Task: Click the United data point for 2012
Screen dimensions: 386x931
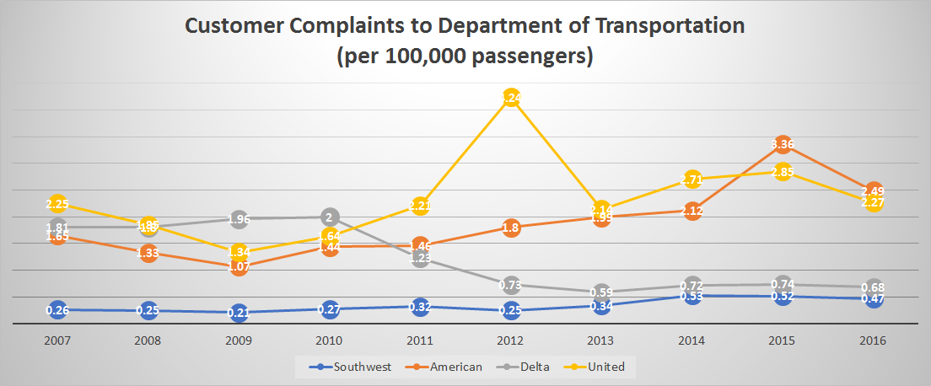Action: click(x=511, y=98)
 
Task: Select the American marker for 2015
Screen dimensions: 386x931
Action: click(x=783, y=144)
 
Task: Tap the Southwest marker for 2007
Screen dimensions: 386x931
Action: click(x=57, y=309)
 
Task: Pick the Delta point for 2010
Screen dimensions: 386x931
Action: click(x=330, y=217)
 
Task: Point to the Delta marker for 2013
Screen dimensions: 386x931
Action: click(x=601, y=292)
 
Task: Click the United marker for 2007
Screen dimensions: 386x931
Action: click(x=57, y=203)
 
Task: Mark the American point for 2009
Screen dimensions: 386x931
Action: click(x=239, y=266)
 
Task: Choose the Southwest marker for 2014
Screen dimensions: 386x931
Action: click(x=692, y=296)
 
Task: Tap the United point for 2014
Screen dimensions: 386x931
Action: click(x=692, y=179)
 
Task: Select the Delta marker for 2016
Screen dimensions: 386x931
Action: click(x=874, y=287)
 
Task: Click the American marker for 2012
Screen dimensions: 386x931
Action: click(x=511, y=227)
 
